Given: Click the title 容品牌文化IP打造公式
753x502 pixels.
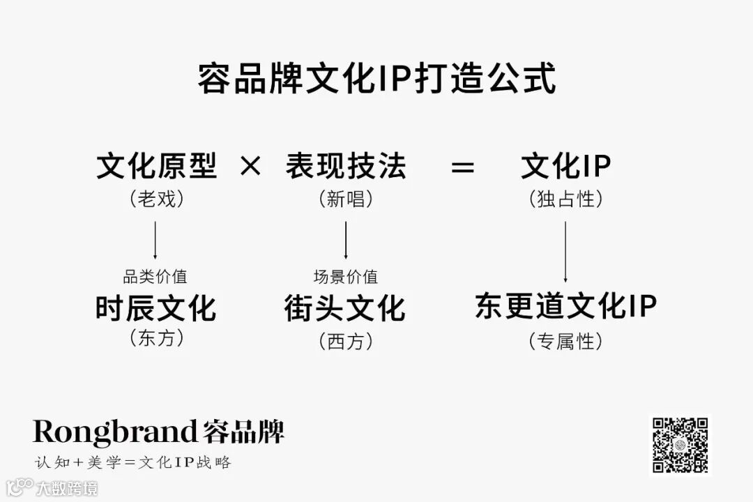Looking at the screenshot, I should (376, 79).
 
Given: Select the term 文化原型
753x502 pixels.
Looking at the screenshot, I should (156, 167).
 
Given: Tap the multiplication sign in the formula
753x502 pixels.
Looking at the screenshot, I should (250, 167).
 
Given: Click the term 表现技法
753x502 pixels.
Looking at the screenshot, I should (345, 167).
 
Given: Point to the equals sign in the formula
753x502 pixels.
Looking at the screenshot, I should (462, 167).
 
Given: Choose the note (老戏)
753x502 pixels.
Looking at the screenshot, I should (156, 199).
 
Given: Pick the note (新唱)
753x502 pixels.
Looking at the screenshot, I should (345, 199).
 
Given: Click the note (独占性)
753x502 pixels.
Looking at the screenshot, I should (565, 199).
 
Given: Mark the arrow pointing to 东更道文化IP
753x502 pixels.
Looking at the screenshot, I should (565, 251).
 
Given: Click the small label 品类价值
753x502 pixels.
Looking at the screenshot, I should (155, 277).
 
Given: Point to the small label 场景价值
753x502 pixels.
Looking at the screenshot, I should (346, 277).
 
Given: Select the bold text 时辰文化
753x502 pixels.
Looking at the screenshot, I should (155, 308).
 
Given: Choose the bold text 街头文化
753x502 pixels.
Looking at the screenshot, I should (345, 308).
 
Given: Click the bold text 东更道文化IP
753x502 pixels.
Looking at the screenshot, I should (565, 307).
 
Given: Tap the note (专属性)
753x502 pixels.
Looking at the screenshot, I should (565, 341).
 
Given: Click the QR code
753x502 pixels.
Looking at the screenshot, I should (680, 445).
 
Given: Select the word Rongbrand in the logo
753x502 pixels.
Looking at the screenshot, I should (115, 432).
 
